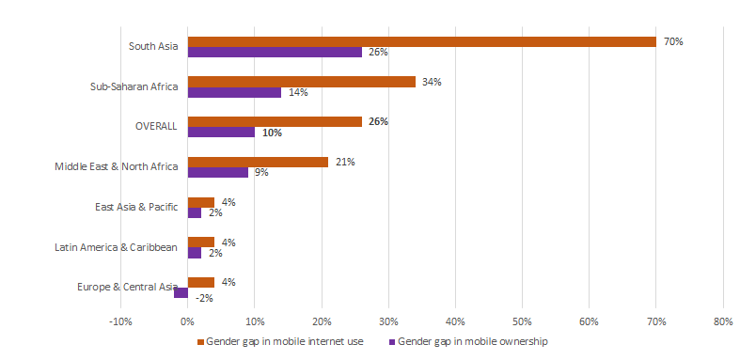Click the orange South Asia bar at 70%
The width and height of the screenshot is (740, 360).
coord(421,41)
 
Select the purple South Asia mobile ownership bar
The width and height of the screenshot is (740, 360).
coord(275,52)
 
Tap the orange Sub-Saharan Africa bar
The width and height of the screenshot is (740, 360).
coord(301,82)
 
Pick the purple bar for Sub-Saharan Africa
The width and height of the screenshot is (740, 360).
coord(234,92)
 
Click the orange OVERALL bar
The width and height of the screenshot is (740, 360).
coord(275,121)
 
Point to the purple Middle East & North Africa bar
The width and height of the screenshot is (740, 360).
coord(217,172)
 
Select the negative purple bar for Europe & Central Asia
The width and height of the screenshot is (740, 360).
coord(181,292)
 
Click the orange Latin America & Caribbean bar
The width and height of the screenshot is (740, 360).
coord(200,242)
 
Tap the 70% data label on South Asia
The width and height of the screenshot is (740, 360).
coord(673,42)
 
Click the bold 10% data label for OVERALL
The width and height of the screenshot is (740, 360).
coord(272,133)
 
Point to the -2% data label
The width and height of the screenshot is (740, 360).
coord(203,299)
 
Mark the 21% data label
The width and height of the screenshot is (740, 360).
coord(344,162)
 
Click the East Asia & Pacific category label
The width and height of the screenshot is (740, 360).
coord(136,207)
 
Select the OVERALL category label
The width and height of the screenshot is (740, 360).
coord(157,127)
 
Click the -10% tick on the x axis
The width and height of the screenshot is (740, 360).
coord(120,322)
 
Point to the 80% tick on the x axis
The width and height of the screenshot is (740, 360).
coord(722,322)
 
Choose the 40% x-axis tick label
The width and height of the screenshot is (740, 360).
coord(455,322)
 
